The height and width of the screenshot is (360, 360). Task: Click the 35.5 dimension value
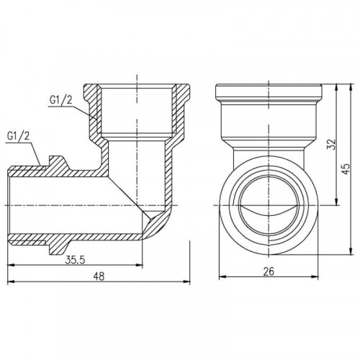(75, 260)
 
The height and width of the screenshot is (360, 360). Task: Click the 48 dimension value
(99, 276)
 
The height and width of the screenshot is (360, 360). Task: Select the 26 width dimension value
(269, 271)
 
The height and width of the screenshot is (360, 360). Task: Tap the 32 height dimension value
(330, 144)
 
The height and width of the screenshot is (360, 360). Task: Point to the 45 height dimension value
(346, 169)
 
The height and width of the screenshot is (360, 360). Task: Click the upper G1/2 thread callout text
(60, 100)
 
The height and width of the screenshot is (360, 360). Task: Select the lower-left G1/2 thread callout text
(18, 136)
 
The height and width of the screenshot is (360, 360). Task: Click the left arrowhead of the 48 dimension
(11, 282)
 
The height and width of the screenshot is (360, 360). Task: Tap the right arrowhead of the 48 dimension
(186, 282)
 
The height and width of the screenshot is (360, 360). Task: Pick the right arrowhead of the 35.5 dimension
(139, 265)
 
